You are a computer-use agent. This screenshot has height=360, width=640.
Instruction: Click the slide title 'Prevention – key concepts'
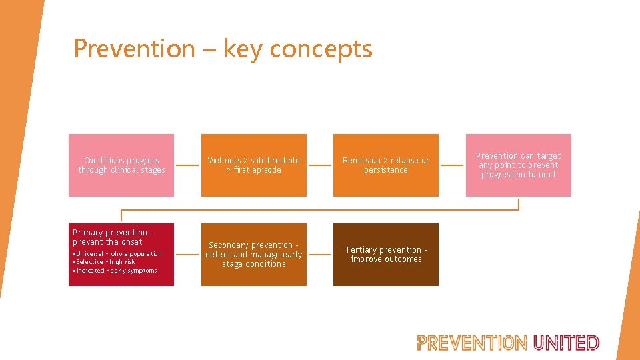[x=223, y=49]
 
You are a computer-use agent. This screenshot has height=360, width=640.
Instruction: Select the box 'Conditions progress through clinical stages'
[x=121, y=165]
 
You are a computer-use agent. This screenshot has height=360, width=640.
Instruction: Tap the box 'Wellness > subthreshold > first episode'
[x=253, y=165]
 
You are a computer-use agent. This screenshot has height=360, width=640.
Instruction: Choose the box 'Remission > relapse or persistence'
[x=386, y=165]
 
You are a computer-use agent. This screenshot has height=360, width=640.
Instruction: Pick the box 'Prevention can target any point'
[x=518, y=165]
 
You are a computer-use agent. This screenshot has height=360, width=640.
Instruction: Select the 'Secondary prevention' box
[x=253, y=255]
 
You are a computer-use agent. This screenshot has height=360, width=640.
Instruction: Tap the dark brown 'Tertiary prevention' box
[x=386, y=255]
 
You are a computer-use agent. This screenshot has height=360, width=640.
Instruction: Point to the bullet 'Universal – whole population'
[x=118, y=254]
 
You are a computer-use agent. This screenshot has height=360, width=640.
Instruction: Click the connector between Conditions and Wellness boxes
[x=187, y=165]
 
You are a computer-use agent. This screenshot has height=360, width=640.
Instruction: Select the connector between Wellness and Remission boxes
[x=320, y=165]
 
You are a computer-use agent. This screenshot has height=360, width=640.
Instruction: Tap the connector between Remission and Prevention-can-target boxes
[x=452, y=165]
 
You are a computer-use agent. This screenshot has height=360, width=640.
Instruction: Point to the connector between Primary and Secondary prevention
[x=187, y=255]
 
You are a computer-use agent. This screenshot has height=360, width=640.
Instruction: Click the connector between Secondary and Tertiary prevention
[x=320, y=255]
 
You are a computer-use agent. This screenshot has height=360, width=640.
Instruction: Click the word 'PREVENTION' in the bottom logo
[x=472, y=343]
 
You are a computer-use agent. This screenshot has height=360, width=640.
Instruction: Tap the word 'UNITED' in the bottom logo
[x=566, y=343]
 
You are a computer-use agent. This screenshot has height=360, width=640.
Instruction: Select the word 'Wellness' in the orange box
[x=224, y=161]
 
